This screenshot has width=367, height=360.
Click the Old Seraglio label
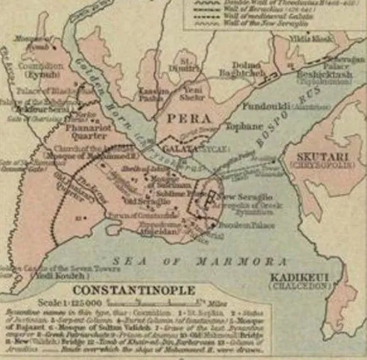pyautogui.click(x=136, y=200)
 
